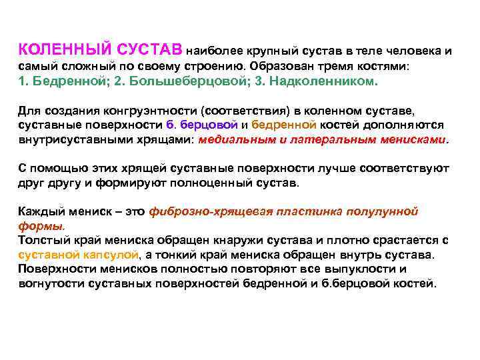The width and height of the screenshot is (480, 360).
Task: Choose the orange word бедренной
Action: click(x=281, y=125)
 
